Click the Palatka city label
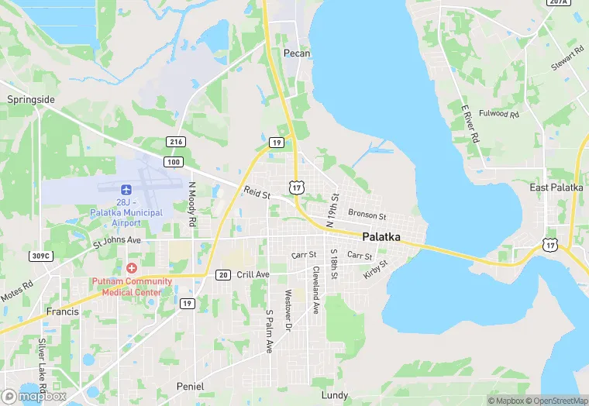coord(381,237)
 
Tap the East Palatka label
coord(556,188)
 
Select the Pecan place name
coord(297,53)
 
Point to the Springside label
coord(31,100)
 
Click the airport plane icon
coord(126,189)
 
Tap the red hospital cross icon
coord(132,267)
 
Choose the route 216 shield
coord(176,142)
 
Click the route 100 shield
coord(173,161)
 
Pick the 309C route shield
coord(40,256)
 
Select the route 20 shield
coord(223,275)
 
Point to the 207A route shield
coord(557,2)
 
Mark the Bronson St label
coord(367,215)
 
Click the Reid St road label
coord(256,192)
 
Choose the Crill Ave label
coord(253,274)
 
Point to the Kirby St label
coord(375,270)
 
